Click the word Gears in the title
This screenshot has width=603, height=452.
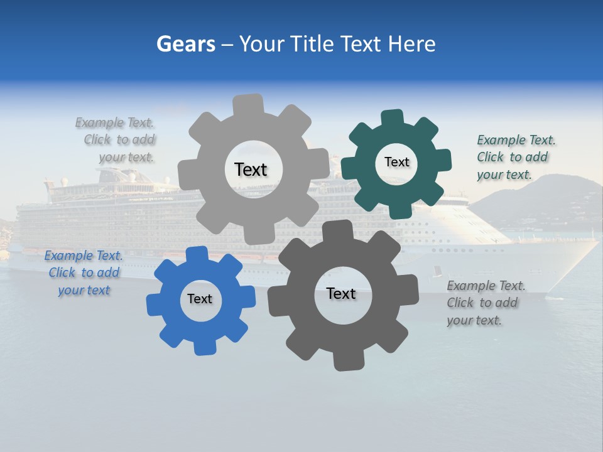coord(185,44)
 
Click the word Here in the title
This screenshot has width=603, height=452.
coord(411,44)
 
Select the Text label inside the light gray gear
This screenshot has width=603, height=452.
coord(251,169)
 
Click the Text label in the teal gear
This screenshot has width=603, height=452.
coord(396,162)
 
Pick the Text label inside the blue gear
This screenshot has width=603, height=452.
coord(200,299)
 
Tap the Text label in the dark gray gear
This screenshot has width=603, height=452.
coord(341,293)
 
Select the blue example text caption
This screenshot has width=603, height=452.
coord(84,273)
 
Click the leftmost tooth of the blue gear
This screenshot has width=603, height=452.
coord(154,305)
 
